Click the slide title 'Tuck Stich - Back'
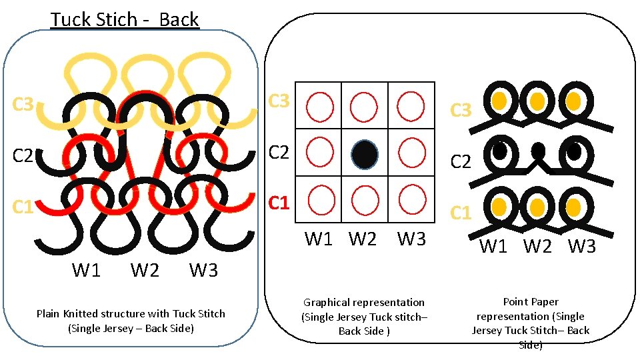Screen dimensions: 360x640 (x=125, y=19)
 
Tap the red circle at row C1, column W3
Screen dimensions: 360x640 (x=411, y=199)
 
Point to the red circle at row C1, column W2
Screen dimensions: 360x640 (x=365, y=199)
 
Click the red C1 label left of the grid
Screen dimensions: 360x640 (x=279, y=202)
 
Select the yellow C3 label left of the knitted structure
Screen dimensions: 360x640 (x=23, y=105)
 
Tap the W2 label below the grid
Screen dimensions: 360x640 (x=363, y=239)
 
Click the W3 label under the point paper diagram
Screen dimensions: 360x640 (x=582, y=247)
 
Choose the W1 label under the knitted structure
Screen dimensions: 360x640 (x=87, y=271)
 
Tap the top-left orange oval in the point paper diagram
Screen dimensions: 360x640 (x=499, y=100)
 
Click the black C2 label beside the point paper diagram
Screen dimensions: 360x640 (x=461, y=162)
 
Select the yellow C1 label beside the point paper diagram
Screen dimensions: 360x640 (x=461, y=213)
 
